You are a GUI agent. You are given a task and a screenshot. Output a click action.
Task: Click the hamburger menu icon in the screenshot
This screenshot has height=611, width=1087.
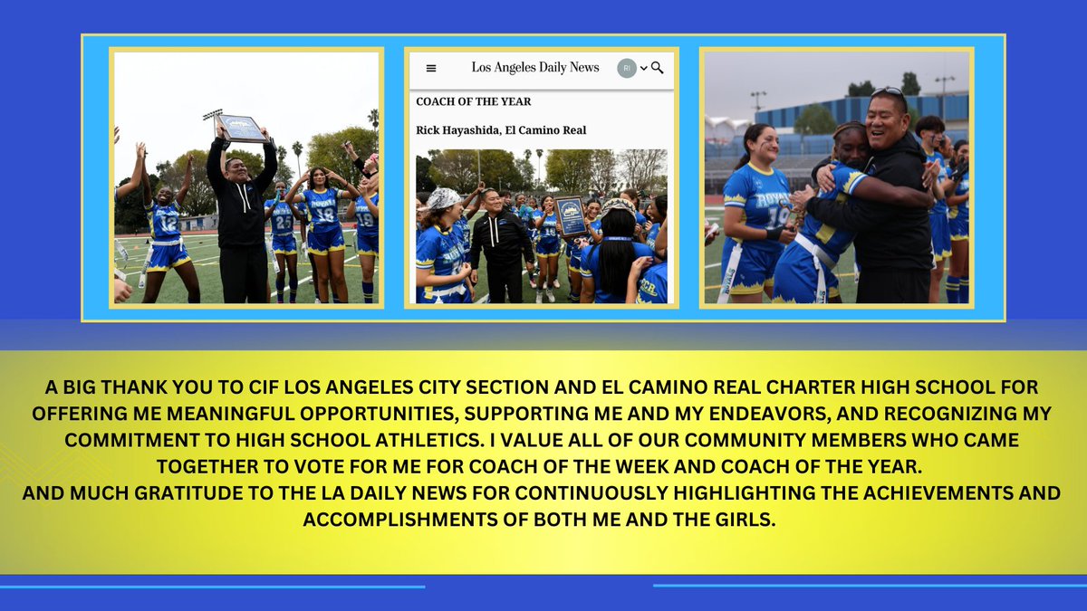431,68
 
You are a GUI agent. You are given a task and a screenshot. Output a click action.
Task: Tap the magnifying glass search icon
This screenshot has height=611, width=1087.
658,68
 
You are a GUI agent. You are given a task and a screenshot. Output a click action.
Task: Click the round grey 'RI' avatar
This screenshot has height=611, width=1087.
627,68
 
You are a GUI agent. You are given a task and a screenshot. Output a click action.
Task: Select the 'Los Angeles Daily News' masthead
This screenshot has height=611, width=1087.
535,68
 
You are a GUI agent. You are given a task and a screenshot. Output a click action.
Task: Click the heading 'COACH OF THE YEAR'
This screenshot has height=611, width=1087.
474,101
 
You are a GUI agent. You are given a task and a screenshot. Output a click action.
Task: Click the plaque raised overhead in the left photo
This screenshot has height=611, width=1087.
241,128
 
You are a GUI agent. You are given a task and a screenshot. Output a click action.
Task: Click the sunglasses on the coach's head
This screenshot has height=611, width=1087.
888,91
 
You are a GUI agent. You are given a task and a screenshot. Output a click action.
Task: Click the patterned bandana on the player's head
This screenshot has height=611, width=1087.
445,197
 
